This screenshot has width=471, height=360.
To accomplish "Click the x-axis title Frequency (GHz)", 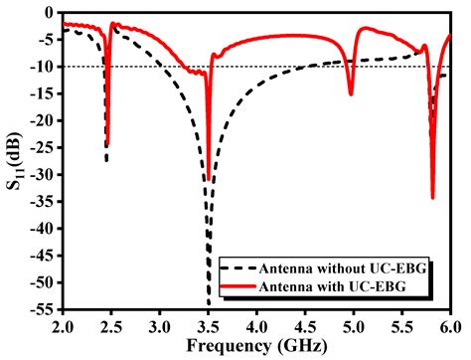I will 257,346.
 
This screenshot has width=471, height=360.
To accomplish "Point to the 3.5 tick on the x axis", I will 208,309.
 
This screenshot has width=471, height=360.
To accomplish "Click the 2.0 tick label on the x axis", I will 63,324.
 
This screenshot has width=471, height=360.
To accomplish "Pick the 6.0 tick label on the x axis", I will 450,324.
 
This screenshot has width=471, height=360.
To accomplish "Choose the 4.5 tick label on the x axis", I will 305,324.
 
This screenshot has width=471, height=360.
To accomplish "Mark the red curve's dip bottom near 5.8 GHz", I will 432,197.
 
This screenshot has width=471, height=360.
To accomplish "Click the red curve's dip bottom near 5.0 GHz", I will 351,94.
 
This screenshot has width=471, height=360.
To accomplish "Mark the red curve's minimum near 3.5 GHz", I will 208,180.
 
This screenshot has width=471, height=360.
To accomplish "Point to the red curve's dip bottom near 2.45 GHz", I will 107,145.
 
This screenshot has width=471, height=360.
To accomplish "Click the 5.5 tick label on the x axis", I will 401,324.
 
